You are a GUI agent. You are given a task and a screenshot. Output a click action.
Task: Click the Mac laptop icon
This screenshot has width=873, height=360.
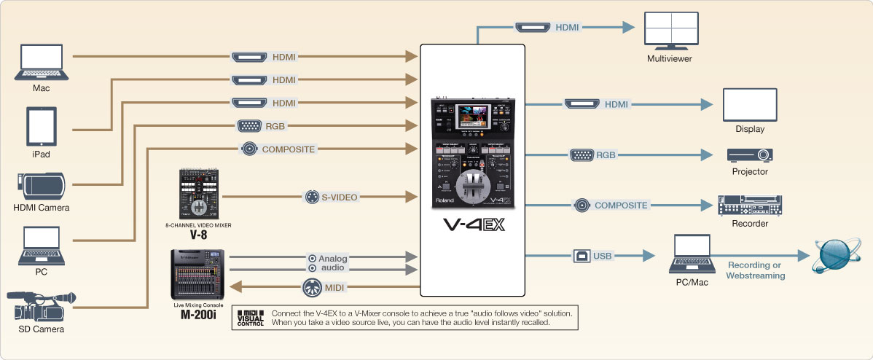coord(42,63)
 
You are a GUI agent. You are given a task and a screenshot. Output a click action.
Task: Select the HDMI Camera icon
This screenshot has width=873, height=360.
coord(42,185)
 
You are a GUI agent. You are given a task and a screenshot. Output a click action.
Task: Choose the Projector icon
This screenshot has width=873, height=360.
coord(749,154)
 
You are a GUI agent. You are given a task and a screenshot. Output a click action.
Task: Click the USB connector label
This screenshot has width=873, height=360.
coord(595,256)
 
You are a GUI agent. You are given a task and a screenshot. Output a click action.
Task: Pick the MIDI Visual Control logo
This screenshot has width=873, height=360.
coord(250,317)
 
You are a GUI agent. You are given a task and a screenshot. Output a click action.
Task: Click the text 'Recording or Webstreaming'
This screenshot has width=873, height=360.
coord(755,270)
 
